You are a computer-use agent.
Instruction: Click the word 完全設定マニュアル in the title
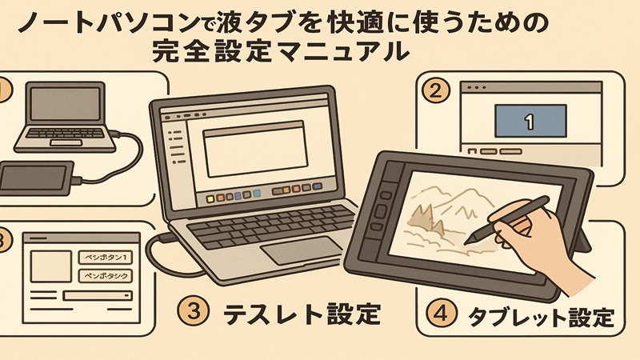pyautogui.click(x=285, y=50)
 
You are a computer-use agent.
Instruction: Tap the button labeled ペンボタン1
pyautogui.click(x=106, y=257)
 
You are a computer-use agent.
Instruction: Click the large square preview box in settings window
pyautogui.click(x=49, y=265)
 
